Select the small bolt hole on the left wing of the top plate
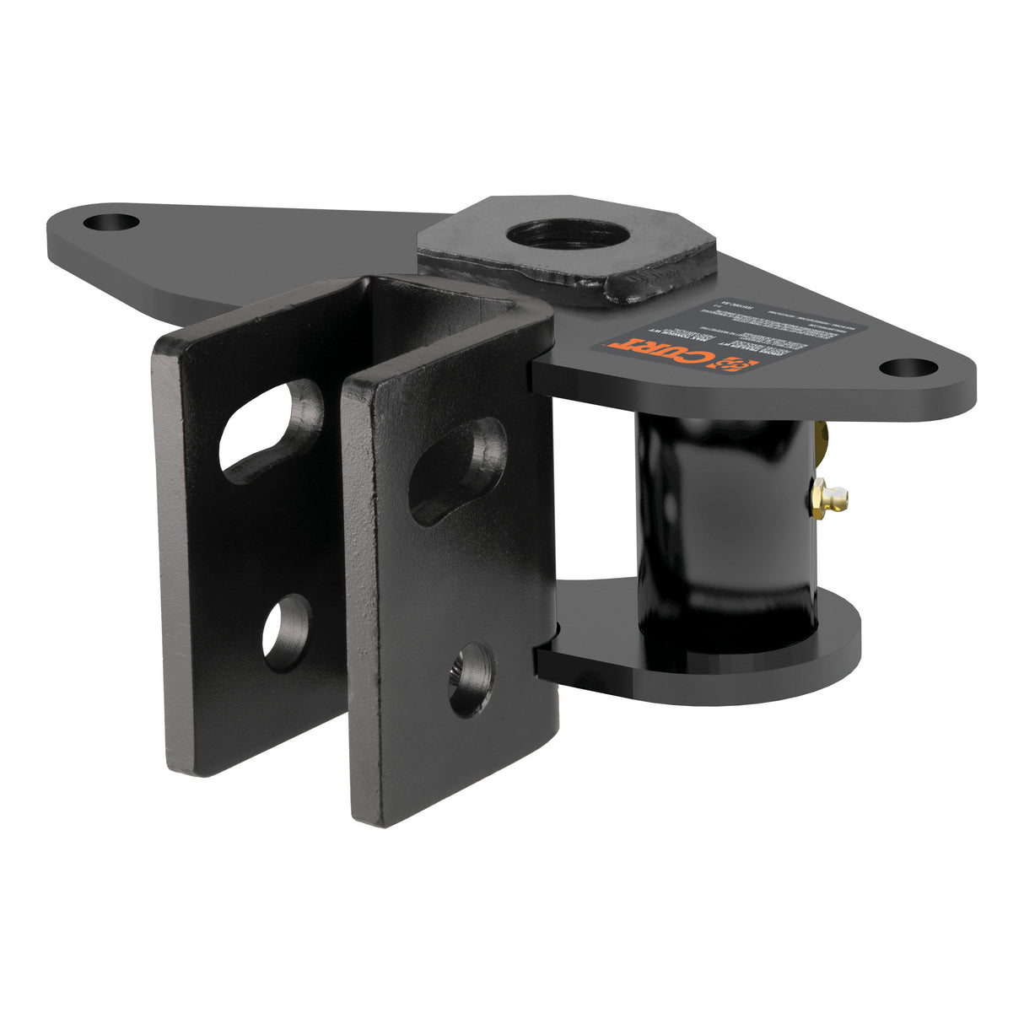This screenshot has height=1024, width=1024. (111, 224)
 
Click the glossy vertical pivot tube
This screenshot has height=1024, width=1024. (725, 523)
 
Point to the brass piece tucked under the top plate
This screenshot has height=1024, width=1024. (824, 439)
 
